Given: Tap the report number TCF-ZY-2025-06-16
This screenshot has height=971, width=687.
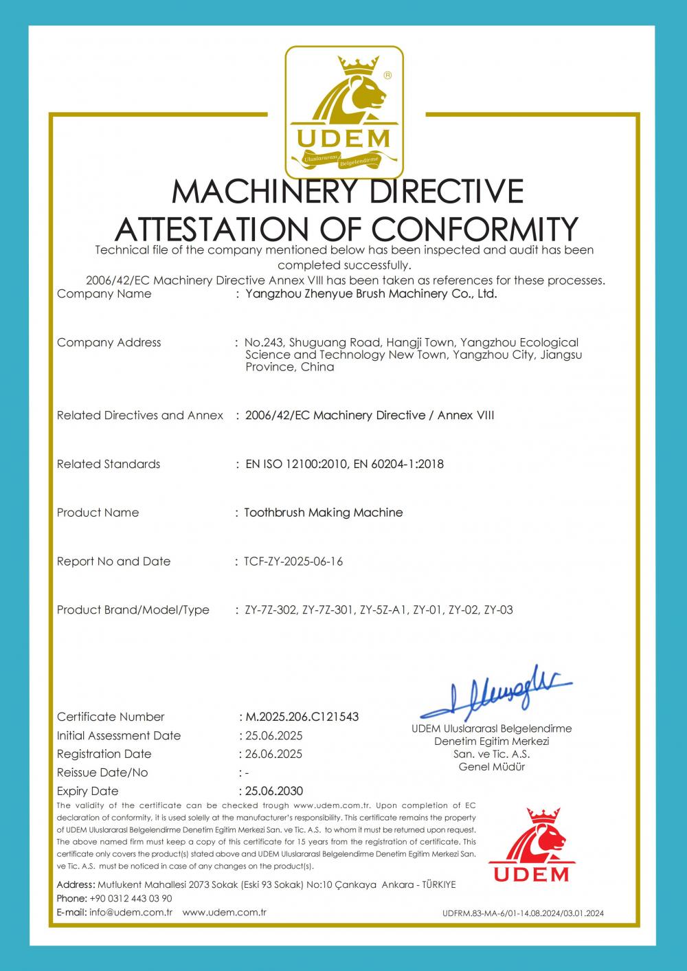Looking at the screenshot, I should (293, 561).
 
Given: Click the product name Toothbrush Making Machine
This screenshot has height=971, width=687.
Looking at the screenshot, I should (324, 513).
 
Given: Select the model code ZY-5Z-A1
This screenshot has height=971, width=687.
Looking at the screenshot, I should (384, 610).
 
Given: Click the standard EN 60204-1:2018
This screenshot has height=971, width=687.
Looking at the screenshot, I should (398, 464).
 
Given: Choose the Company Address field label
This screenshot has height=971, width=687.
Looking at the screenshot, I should (109, 342).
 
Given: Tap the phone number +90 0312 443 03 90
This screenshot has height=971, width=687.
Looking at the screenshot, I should (131, 899).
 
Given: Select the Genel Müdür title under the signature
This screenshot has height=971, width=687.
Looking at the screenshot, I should (492, 767).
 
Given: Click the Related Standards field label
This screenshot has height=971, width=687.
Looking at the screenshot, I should (109, 464).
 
